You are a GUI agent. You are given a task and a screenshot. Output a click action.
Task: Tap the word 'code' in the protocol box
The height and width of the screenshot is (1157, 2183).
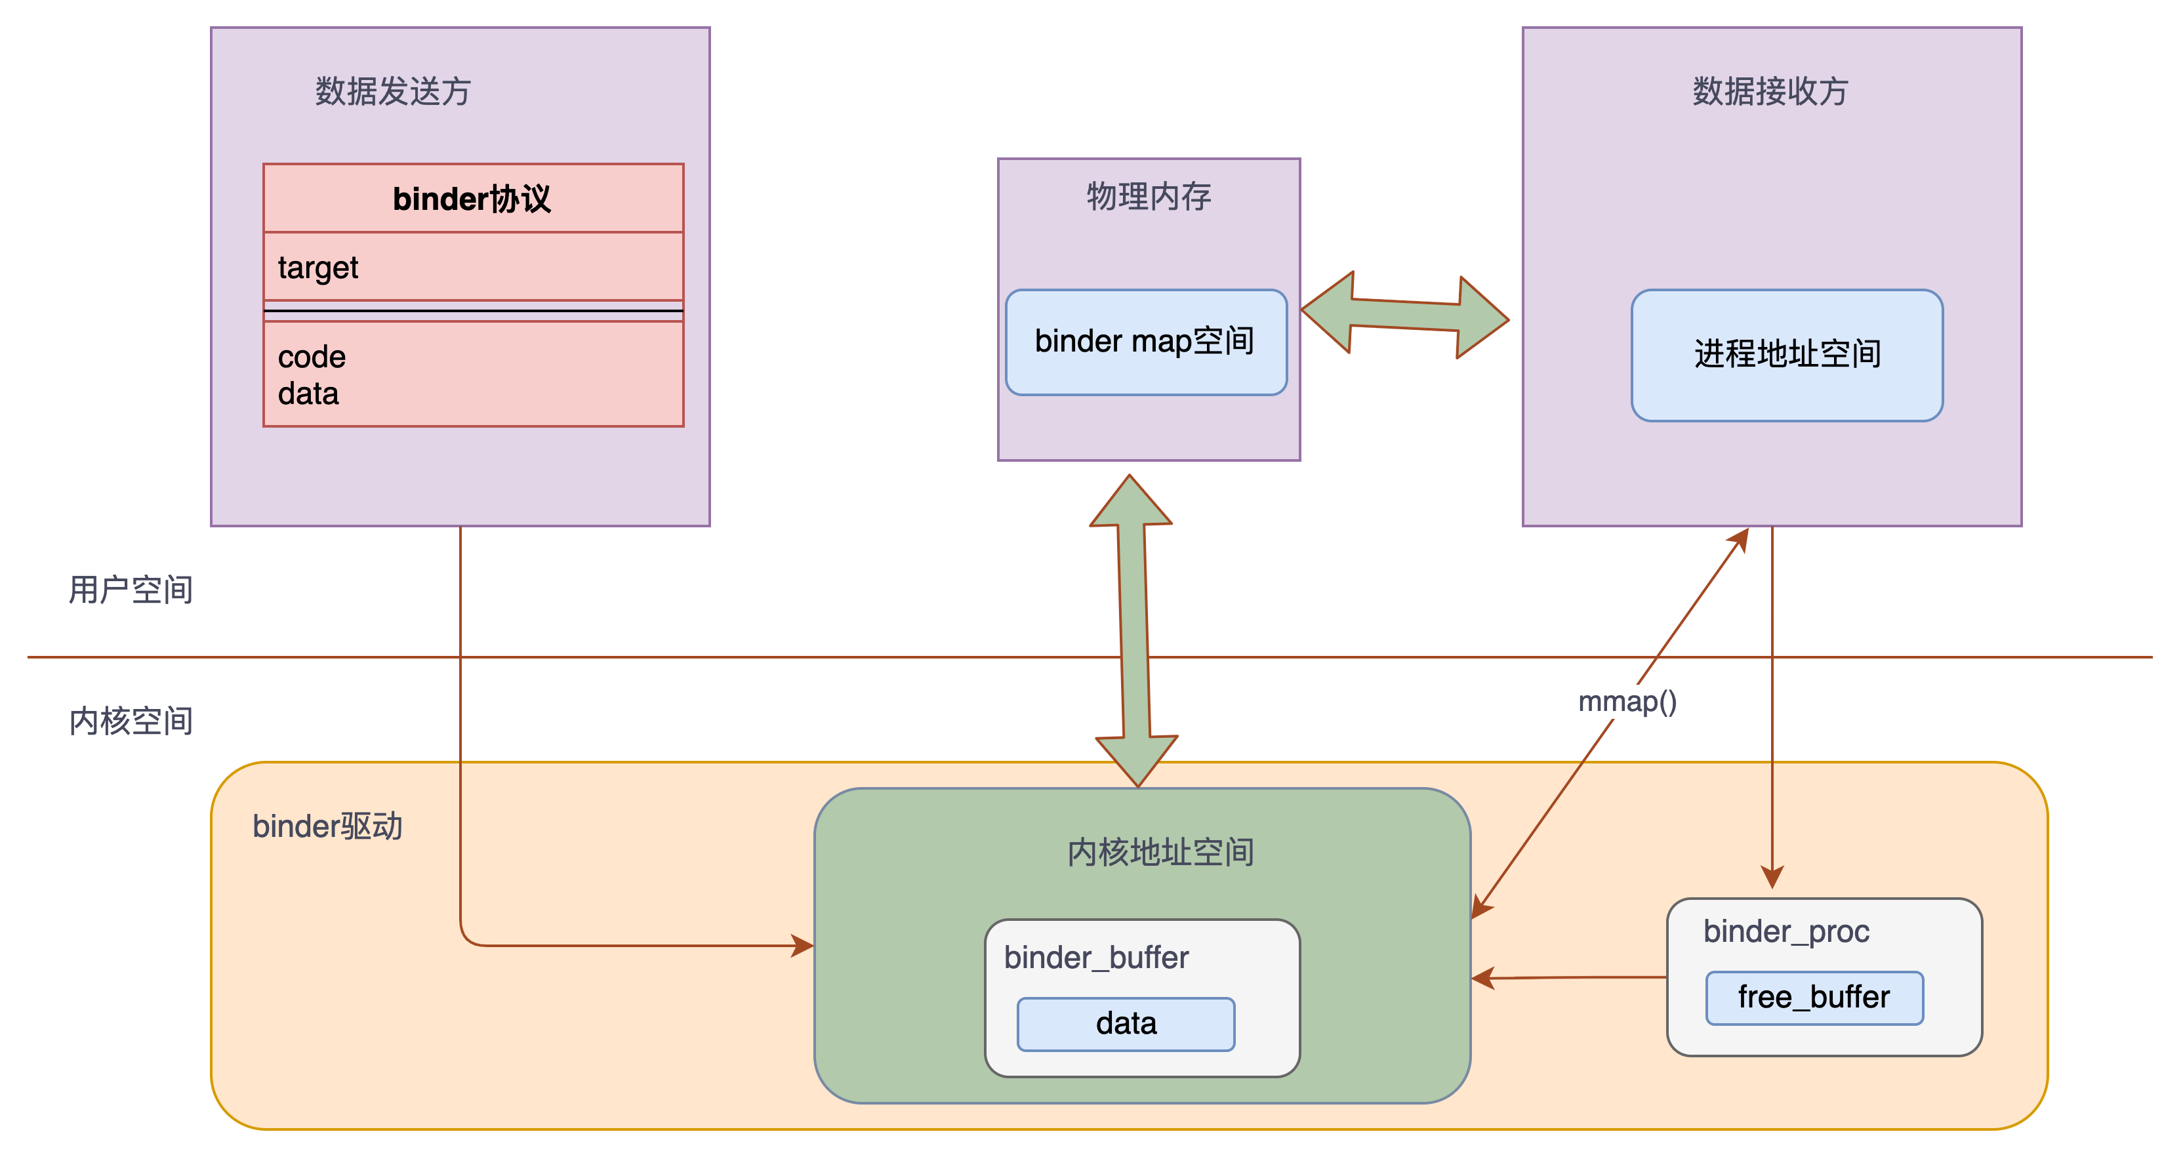(312, 357)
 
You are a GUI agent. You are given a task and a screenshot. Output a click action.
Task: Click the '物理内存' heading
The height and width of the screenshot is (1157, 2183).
(1149, 197)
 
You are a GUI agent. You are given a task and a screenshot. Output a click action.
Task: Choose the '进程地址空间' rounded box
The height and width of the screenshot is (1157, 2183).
(1786, 354)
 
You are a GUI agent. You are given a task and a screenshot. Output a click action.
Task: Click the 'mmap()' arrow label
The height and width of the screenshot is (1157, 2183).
(1627, 702)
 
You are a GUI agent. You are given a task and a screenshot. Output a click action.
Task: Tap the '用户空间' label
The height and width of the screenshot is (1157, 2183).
(131, 590)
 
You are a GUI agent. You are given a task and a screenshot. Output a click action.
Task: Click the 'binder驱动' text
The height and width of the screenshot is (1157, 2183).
(327, 826)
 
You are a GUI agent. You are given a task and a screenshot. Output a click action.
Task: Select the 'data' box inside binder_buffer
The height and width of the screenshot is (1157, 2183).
(1126, 1024)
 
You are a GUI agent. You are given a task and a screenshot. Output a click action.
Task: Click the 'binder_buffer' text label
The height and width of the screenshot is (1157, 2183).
(1095, 958)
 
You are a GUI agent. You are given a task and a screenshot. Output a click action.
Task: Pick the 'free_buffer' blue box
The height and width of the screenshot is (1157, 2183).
(1814, 998)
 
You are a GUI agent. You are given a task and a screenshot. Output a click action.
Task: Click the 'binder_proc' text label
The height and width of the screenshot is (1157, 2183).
(1785, 931)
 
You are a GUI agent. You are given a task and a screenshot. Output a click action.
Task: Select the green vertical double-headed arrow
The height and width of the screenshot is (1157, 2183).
(1135, 632)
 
